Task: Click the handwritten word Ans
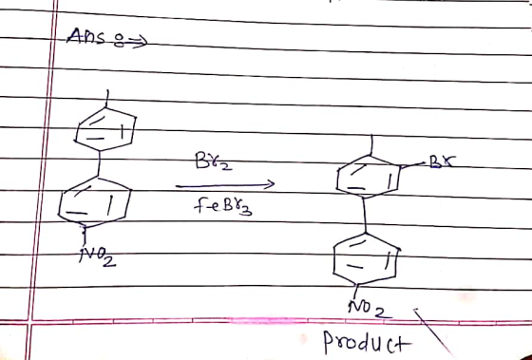[x=85, y=36]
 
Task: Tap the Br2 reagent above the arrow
[x=214, y=161]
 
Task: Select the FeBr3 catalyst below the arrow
[x=223, y=206]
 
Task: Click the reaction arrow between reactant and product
[x=225, y=185]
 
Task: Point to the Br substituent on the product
[x=442, y=161]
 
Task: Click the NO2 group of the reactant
[x=97, y=256]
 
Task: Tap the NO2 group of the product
[x=370, y=309]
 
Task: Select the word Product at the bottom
[x=368, y=343]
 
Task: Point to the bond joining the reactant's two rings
[x=99, y=164]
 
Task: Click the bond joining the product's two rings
[x=365, y=215]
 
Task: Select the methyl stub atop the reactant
[x=107, y=99]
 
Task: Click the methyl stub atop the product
[x=371, y=145]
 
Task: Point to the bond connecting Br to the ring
[x=414, y=165]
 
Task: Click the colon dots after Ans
[x=119, y=42]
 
